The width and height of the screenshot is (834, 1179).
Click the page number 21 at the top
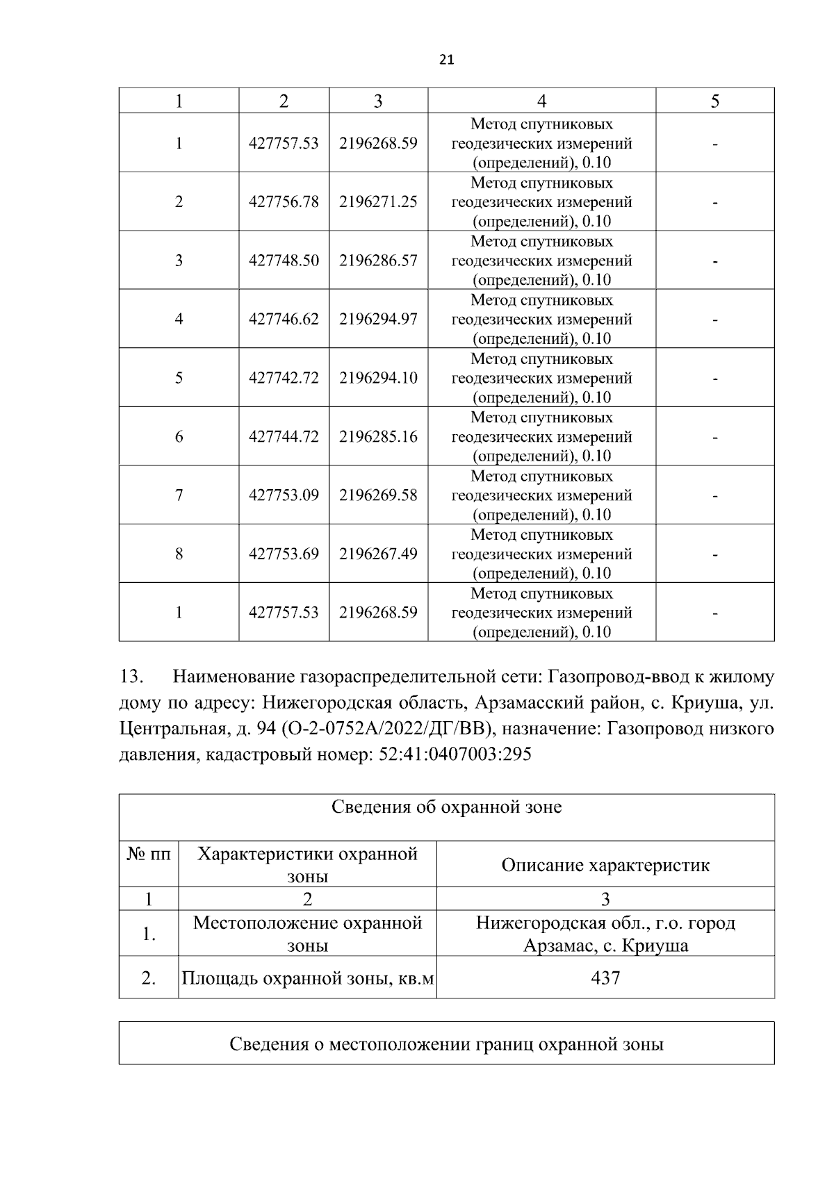tap(447, 60)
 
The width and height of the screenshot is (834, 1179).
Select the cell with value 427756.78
tap(284, 201)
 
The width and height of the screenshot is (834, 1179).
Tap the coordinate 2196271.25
tap(378, 201)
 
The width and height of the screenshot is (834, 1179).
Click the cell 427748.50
tap(284, 261)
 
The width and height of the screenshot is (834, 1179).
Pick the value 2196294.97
tap(378, 319)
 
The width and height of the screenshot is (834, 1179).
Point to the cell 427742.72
tap(284, 378)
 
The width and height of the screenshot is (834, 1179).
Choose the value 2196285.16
tap(378, 436)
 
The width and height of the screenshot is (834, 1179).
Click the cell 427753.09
tap(284, 495)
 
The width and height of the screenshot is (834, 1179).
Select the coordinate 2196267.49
tap(378, 554)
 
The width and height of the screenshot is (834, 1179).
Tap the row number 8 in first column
tap(179, 554)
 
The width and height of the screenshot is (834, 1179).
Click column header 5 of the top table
tap(714, 101)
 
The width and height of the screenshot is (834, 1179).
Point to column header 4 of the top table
tap(541, 101)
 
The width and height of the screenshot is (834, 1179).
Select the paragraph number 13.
tap(131, 677)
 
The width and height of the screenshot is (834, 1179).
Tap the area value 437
tap(605, 978)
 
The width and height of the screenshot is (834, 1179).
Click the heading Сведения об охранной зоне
tap(446, 807)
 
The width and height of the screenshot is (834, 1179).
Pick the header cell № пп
tap(148, 854)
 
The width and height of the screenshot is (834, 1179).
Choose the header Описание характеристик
tap(605, 866)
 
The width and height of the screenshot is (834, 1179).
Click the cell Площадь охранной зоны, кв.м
tap(307, 979)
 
